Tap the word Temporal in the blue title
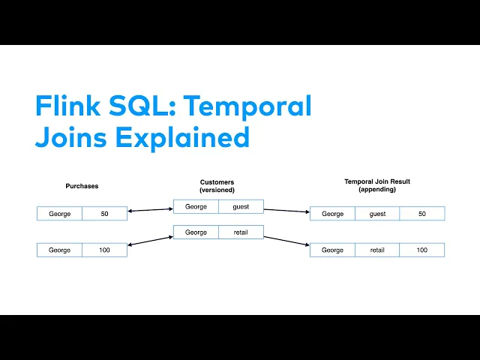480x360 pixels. click(247, 106)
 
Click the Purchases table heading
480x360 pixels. click(82, 185)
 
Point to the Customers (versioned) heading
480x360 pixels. click(217, 185)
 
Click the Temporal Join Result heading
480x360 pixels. click(377, 185)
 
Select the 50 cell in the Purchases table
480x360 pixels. click(104, 214)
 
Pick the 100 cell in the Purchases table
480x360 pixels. click(104, 250)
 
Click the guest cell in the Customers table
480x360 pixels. click(241, 206)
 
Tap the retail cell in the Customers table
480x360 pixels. click(241, 232)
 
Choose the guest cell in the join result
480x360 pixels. click(377, 214)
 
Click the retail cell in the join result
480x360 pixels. click(377, 250)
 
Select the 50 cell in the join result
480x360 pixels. click(422, 214)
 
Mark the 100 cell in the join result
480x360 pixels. click(422, 250)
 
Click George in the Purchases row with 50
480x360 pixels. click(60, 214)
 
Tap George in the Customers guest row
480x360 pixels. click(196, 206)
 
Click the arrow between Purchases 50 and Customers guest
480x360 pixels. click(150, 210)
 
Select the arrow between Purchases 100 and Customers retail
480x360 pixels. click(150, 241)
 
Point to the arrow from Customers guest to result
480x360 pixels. click(286, 210)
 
